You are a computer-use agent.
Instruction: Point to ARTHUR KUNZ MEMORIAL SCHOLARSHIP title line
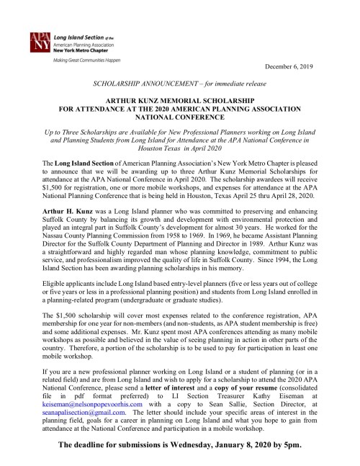tap(180, 104)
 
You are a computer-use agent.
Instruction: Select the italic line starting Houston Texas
tap(179, 165)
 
